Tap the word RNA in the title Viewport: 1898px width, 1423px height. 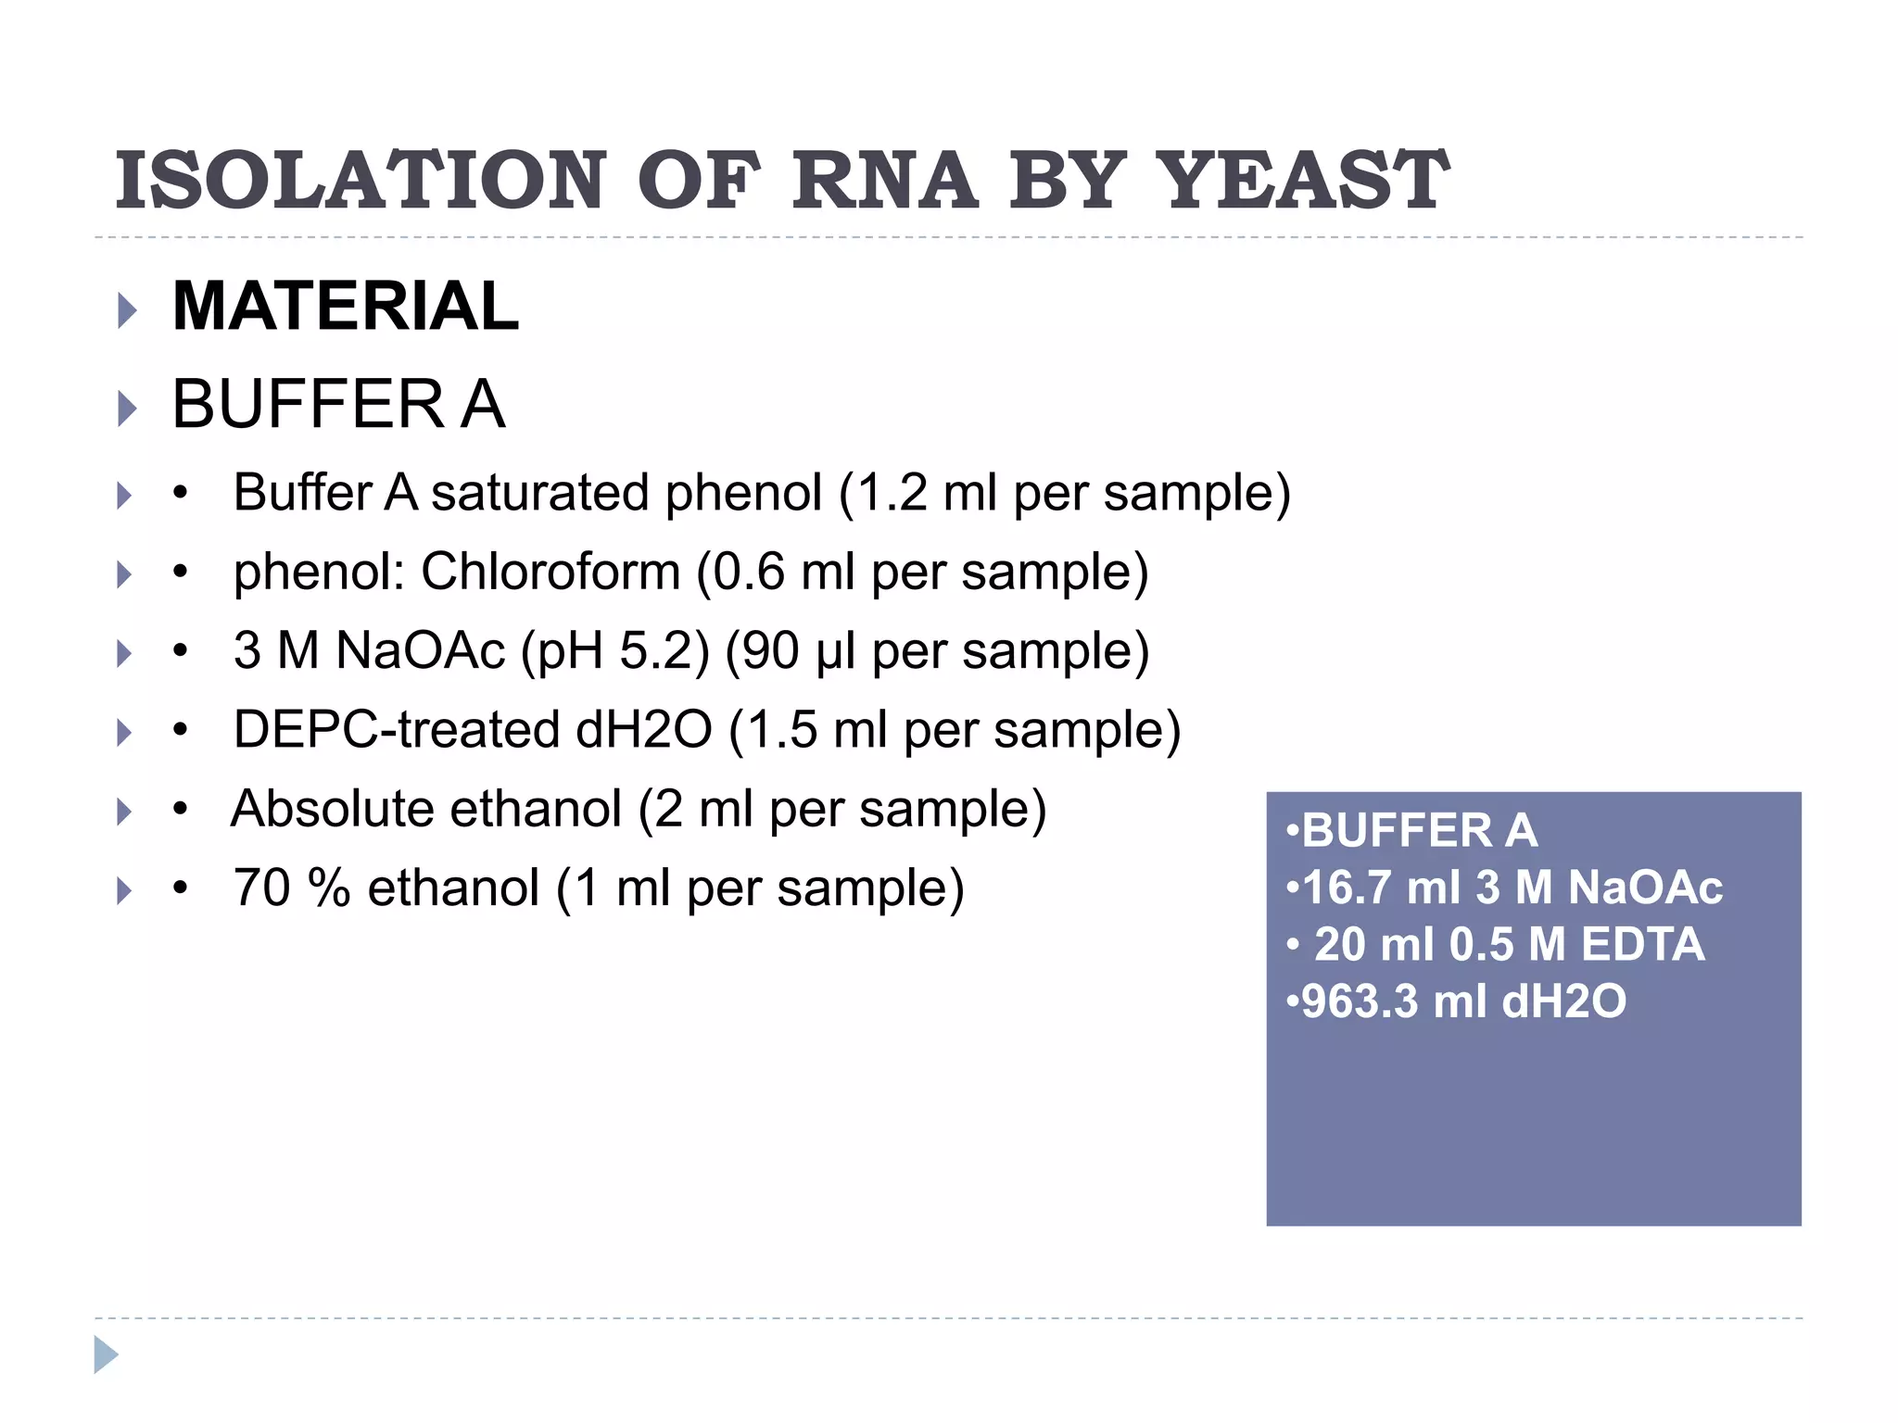tap(884, 181)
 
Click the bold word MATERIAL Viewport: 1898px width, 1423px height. tap(346, 307)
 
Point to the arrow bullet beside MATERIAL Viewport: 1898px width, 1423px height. tap(127, 310)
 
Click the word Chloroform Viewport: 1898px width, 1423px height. tap(550, 572)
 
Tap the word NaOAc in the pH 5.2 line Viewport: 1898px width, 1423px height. tap(420, 650)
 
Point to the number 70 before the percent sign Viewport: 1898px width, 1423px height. tap(262, 888)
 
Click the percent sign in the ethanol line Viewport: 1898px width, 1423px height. tap(330, 888)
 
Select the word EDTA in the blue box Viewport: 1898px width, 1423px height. tap(1642, 945)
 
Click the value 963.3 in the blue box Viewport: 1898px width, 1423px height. tap(1360, 1001)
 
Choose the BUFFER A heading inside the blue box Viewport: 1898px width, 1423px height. tap(1419, 830)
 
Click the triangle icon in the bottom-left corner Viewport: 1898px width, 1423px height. tap(106, 1354)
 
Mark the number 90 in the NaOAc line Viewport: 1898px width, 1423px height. tap(768, 650)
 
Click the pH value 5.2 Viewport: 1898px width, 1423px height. tap(648, 650)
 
